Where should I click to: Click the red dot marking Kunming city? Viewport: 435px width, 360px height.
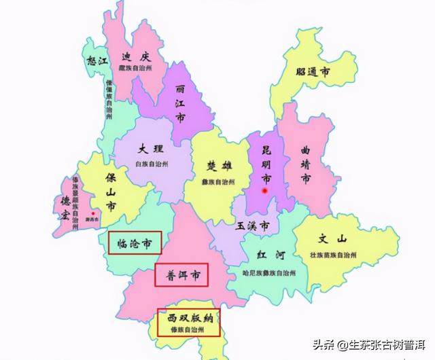click(x=265, y=191)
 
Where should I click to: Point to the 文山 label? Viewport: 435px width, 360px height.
click(x=333, y=239)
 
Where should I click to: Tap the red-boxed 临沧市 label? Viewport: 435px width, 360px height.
click(x=134, y=242)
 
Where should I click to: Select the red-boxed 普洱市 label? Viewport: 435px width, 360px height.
click(x=181, y=276)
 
